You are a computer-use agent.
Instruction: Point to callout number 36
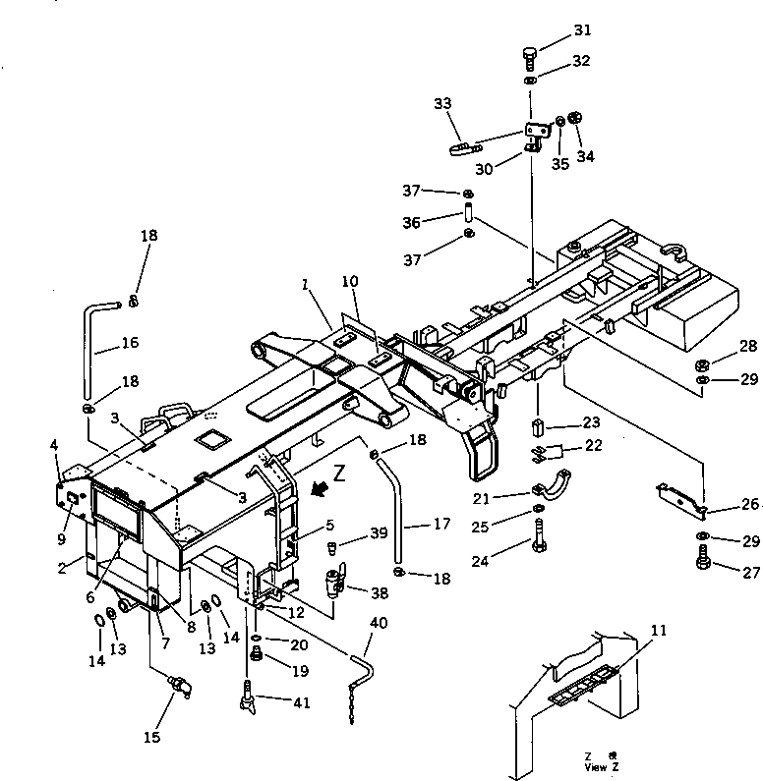(439, 223)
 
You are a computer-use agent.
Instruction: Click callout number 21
(509, 498)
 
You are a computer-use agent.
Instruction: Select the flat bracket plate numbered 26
(679, 498)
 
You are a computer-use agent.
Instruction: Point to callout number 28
(722, 346)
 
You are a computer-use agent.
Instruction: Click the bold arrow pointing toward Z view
(318, 485)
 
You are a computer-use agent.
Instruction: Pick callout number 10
(350, 282)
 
